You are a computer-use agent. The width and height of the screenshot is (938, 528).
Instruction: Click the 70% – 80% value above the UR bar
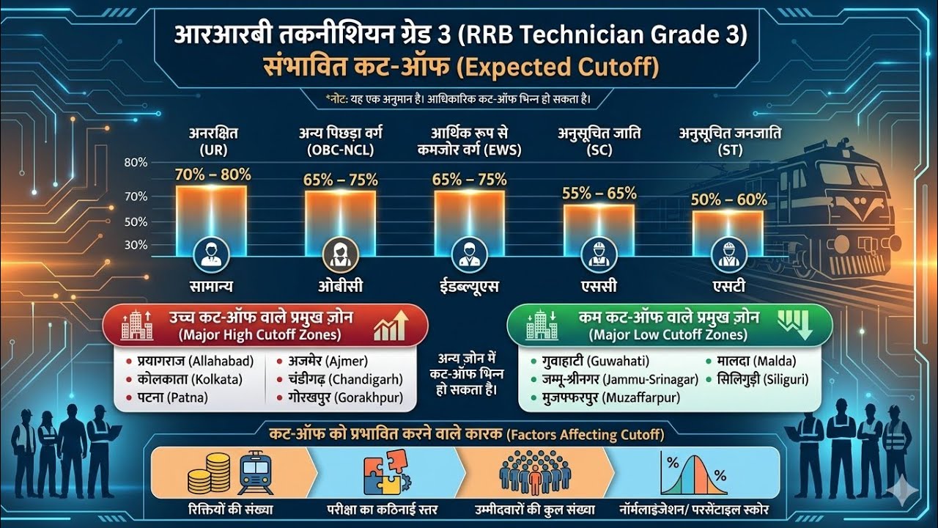click(213, 175)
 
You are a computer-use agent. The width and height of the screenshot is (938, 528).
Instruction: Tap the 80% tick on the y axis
click(136, 163)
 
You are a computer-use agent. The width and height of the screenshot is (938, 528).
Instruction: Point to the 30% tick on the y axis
click(136, 245)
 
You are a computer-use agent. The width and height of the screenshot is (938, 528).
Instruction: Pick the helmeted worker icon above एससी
click(599, 254)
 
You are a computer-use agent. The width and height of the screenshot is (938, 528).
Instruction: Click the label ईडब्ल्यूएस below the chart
click(469, 287)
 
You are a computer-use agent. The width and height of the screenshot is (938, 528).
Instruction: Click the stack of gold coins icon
click(208, 474)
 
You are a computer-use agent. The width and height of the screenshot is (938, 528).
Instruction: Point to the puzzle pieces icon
click(387, 474)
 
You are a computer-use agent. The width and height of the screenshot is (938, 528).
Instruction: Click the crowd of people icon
click(534, 474)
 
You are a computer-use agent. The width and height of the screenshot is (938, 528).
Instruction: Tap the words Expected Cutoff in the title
click(557, 68)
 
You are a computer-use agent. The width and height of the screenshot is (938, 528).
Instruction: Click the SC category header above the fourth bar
click(599, 142)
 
